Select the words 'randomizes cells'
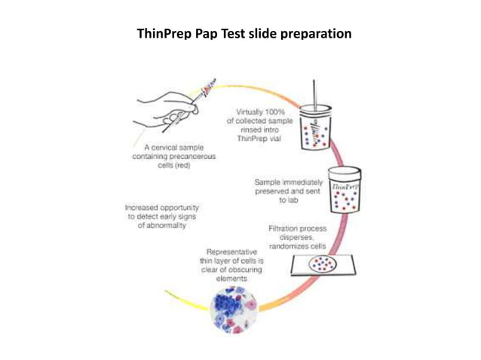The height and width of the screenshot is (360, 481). pyautogui.click(x=297, y=246)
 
